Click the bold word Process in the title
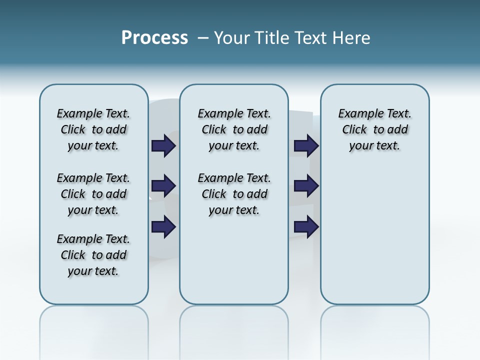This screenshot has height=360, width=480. (154, 38)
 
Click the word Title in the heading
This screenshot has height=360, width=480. (272, 38)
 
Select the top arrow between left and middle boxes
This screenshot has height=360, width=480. (163, 145)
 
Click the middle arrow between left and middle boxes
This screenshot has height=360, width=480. (163, 186)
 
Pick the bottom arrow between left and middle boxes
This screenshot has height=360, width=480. (163, 227)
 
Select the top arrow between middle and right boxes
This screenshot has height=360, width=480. (306, 145)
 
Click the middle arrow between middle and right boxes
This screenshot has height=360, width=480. (306, 186)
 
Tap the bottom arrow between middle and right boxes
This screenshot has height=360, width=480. (306, 227)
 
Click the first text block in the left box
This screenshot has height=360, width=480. (93, 129)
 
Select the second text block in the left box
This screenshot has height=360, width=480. (93, 194)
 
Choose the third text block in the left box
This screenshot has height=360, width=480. (93, 255)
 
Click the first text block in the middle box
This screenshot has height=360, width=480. (234, 129)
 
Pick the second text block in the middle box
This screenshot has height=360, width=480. (234, 194)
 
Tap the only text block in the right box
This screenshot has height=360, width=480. (375, 129)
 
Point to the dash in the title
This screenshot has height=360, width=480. (202, 38)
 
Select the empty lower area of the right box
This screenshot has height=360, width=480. (375, 240)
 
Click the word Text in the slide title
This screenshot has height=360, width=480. (311, 38)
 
